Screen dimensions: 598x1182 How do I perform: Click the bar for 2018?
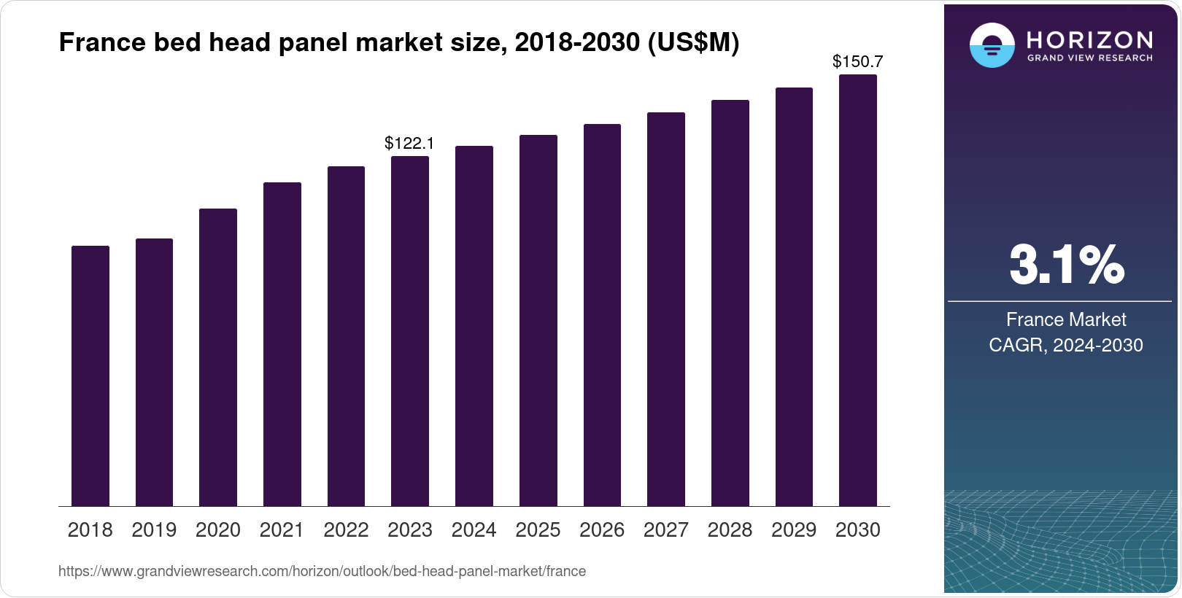(x=90, y=376)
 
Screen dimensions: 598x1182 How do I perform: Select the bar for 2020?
(x=218, y=357)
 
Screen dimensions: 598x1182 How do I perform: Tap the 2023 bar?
(x=410, y=331)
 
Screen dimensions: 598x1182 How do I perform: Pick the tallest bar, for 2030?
(x=858, y=290)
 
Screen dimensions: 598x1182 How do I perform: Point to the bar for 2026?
(x=602, y=315)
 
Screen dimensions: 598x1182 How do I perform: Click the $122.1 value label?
(x=409, y=143)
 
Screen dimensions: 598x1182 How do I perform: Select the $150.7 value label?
(x=857, y=62)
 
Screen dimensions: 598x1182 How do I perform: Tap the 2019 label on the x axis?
(x=154, y=530)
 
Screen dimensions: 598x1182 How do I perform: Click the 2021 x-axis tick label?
(x=282, y=530)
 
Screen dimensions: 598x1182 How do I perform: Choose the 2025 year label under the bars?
(x=538, y=530)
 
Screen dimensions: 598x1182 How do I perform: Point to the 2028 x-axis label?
(x=730, y=530)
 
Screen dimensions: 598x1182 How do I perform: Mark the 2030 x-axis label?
(x=858, y=530)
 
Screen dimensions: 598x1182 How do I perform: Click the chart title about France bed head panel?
(x=398, y=43)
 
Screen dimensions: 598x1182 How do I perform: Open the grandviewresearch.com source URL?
(x=322, y=571)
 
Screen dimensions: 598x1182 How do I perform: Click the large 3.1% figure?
(x=1066, y=265)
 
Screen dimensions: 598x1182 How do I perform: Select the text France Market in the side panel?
(x=1066, y=319)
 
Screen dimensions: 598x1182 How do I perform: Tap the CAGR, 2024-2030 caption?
(x=1066, y=345)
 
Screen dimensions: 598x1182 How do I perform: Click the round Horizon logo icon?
(x=992, y=45)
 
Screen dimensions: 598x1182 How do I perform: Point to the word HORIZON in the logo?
(x=1090, y=39)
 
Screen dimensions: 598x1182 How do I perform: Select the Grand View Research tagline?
(x=1090, y=58)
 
